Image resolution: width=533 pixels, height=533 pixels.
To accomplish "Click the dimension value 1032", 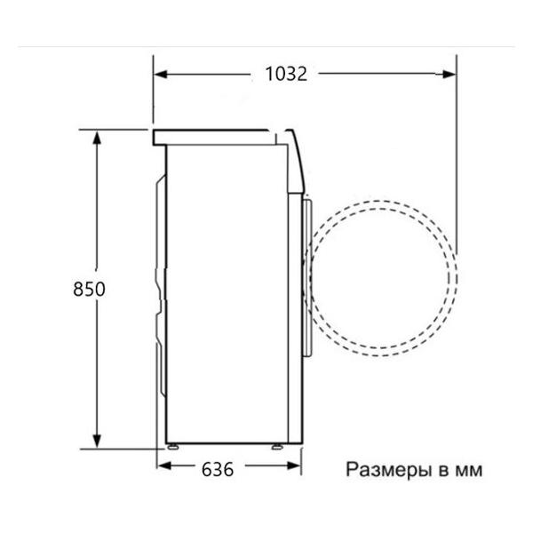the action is pos(286,74).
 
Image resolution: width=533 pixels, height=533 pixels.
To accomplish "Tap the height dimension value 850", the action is pos(89,289).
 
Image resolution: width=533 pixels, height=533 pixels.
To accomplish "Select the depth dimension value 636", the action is pos(218,469).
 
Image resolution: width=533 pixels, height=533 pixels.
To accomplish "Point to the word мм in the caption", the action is pos(468,471).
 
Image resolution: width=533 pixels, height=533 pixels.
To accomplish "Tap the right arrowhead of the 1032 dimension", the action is pos(449,74).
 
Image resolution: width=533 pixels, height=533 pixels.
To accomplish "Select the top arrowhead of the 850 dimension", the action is pos(97,138).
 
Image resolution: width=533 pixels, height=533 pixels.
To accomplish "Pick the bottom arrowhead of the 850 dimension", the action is pos(97,441).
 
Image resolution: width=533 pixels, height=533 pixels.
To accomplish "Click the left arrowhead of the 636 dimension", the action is pos(164,465).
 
